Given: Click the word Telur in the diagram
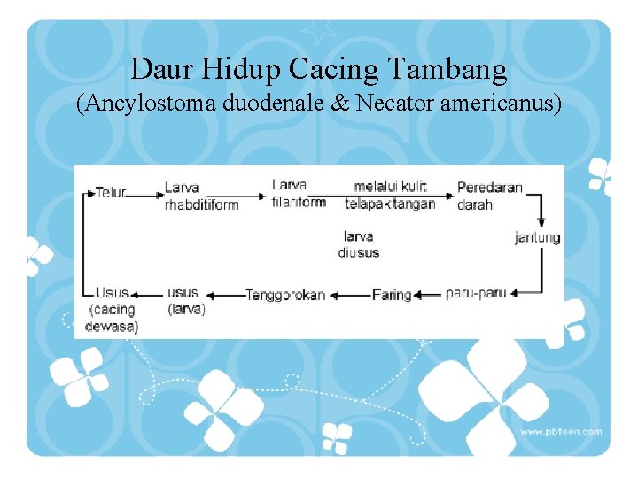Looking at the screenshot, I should pyautogui.click(x=111, y=192).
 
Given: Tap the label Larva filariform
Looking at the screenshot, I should pyautogui.click(x=299, y=193).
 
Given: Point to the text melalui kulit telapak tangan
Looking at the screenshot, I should pyautogui.click(x=390, y=195).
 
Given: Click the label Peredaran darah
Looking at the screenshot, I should pyautogui.click(x=489, y=196).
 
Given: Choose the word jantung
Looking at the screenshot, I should pyautogui.click(x=537, y=237).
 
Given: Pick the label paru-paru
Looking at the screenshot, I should pyautogui.click(x=476, y=293).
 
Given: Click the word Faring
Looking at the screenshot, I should pyautogui.click(x=392, y=295).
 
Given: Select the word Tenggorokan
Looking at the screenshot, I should pyautogui.click(x=285, y=295).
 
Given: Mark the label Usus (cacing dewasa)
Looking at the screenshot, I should pyautogui.click(x=113, y=309).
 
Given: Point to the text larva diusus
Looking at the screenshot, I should pyautogui.click(x=358, y=244).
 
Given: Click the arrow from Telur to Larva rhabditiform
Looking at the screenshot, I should pyautogui.click(x=145, y=193).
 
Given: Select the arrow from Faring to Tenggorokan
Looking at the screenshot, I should pyautogui.click(x=349, y=295).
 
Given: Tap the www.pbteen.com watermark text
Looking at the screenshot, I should pyautogui.click(x=560, y=432).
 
